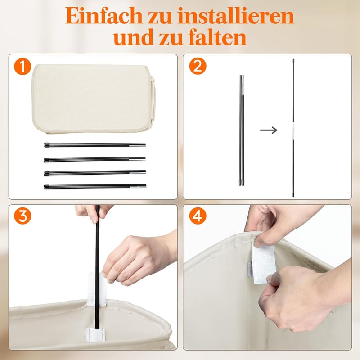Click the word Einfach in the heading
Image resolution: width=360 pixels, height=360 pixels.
click(104, 16)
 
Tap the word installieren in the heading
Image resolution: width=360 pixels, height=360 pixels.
click(236, 16)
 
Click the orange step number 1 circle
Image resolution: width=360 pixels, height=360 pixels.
click(22, 66)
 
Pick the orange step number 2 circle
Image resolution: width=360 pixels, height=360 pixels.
click(198, 66)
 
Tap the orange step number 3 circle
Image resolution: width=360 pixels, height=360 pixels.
click(22, 216)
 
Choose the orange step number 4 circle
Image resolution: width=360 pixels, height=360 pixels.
click(198, 216)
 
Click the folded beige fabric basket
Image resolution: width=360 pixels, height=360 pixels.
click(94, 99)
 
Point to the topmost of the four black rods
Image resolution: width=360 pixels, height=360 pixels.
click(95, 145)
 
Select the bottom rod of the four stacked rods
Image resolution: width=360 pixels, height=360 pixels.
click(95, 186)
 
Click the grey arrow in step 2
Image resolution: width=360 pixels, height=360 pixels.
click(268, 130)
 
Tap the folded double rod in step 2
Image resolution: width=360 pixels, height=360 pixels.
click(242, 130)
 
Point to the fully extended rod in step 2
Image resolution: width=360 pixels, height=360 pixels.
click(293, 128)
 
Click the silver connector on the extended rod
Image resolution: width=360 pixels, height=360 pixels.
click(293, 131)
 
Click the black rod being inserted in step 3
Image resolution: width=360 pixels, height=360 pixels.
click(97, 266)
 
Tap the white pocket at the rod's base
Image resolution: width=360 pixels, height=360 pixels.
click(95, 334)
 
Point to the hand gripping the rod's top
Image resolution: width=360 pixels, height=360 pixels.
click(94, 213)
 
